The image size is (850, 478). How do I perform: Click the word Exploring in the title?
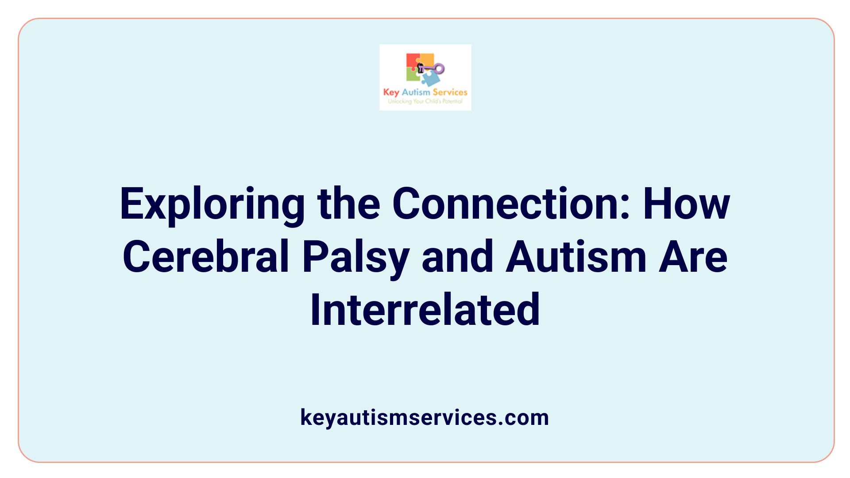[x=212, y=204]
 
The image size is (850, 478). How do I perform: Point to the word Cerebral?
[x=206, y=257]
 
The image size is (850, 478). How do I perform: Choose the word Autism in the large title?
[x=576, y=257]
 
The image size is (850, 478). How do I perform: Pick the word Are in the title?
[x=693, y=257]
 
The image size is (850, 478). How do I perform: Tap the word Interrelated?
[x=425, y=310]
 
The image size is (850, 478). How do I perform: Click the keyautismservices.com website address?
[x=425, y=417]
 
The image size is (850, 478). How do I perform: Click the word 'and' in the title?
[x=457, y=257]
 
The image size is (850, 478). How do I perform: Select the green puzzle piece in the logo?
[x=413, y=75]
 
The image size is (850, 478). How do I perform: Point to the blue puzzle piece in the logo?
[x=430, y=79]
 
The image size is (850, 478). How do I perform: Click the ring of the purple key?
[x=439, y=68]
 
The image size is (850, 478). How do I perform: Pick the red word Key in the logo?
[x=391, y=93]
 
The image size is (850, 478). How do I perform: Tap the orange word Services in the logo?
[x=450, y=92]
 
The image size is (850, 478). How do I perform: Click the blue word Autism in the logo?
[x=416, y=92]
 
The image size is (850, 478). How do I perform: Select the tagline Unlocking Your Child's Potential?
[x=425, y=101]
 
